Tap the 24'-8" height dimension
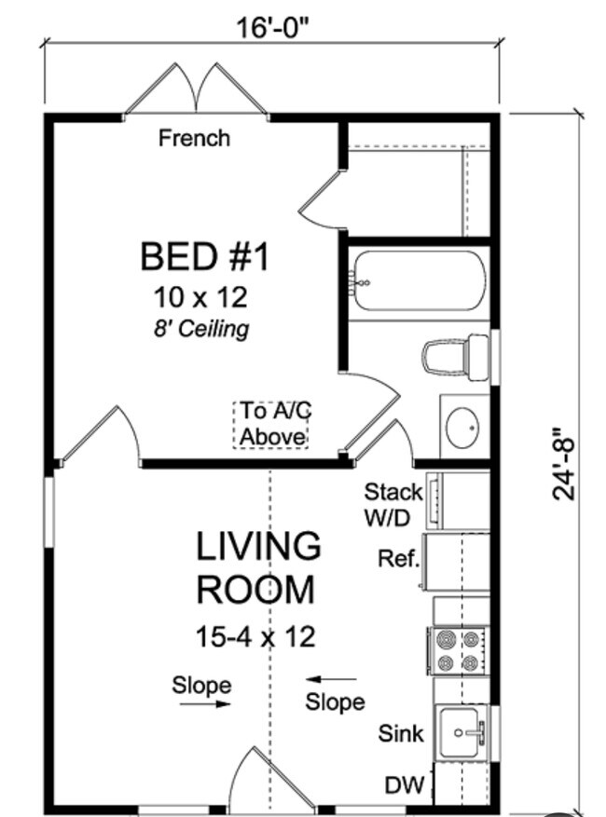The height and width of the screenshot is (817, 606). (564, 465)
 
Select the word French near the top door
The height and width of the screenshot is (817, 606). (194, 139)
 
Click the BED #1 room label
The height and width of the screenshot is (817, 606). (204, 256)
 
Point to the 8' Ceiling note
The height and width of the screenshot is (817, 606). (201, 329)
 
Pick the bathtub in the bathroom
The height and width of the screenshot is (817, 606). (420, 280)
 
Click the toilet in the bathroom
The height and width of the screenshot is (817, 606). (455, 358)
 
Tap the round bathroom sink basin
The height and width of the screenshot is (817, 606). (462, 428)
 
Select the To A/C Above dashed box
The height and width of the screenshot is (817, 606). (271, 425)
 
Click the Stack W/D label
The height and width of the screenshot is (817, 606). (393, 504)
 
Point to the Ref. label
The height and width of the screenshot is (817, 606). (398, 559)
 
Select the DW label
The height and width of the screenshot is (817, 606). (405, 785)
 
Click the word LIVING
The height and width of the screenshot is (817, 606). (258, 546)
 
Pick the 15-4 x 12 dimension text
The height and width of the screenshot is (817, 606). (255, 636)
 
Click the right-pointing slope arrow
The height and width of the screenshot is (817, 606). (205, 704)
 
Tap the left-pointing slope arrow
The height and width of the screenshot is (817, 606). (331, 679)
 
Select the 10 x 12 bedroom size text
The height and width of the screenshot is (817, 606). (200, 297)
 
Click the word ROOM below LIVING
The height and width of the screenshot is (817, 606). (255, 590)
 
